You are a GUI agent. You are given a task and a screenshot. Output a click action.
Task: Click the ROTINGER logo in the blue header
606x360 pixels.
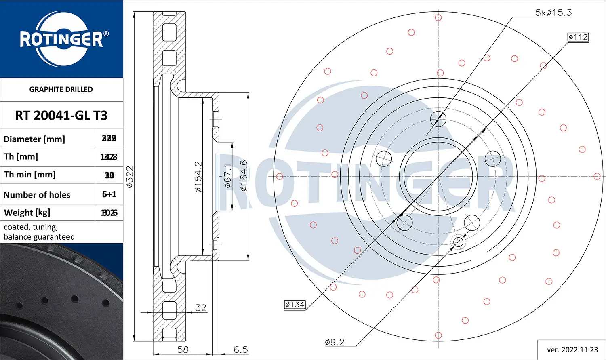pyautogui.click(x=61, y=39)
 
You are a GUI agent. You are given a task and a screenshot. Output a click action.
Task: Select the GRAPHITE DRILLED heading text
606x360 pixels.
pyautogui.click(x=61, y=89)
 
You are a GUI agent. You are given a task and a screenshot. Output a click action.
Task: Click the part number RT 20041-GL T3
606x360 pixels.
pyautogui.click(x=61, y=116)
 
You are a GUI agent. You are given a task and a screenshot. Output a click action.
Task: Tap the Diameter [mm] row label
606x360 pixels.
pyautogui.click(x=34, y=139)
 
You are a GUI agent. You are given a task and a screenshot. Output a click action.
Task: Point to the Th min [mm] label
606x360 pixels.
pyautogui.click(x=30, y=175)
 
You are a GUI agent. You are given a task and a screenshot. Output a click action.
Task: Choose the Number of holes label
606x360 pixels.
pyautogui.click(x=37, y=195)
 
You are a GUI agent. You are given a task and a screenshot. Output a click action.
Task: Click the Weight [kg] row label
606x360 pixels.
pyautogui.click(x=27, y=213)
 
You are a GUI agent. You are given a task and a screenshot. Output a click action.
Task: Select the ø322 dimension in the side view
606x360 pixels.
pyautogui.click(x=130, y=177)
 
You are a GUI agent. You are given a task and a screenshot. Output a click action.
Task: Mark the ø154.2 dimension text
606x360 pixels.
pyautogui.click(x=198, y=177)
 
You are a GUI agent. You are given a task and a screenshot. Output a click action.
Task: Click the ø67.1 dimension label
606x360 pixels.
pyautogui.click(x=228, y=176)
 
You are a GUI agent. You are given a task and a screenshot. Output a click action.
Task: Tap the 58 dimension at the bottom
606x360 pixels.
pyautogui.click(x=183, y=349)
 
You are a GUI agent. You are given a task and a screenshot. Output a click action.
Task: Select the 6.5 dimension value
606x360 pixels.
pyautogui.click(x=241, y=349)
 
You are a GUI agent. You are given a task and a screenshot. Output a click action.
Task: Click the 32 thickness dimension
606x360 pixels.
pyautogui.click(x=201, y=307)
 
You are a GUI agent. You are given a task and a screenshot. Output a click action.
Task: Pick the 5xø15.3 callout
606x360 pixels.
pyautogui.click(x=553, y=13)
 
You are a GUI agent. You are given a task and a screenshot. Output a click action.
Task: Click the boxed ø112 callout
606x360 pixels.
pyautogui.click(x=578, y=37)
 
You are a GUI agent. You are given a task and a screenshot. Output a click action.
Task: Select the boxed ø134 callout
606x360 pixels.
pyautogui.click(x=295, y=305)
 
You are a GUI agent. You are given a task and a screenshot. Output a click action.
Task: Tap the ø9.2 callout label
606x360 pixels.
pyautogui.click(x=335, y=343)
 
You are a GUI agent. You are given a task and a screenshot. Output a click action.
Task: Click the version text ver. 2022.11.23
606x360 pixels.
pyautogui.click(x=572, y=349)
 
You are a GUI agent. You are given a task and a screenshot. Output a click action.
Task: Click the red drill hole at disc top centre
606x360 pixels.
pyautogui.click(x=438, y=18)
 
